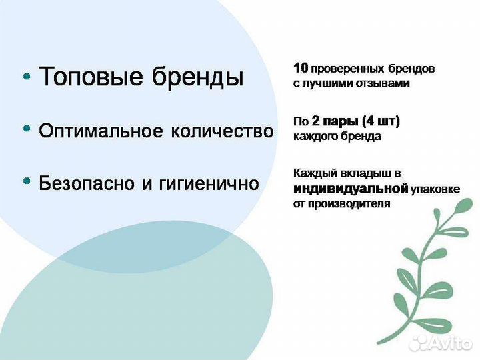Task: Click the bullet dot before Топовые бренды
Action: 27,77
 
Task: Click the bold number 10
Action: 300,68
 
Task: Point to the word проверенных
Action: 347,69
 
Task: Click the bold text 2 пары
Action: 333,121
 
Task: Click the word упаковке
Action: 435,189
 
